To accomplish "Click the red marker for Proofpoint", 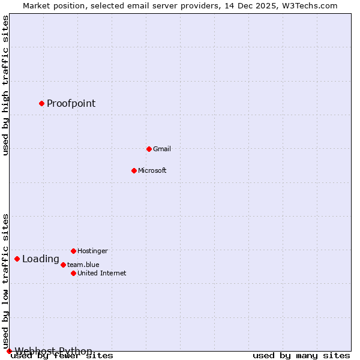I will (x=41, y=103).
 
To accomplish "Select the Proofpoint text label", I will (x=71, y=103).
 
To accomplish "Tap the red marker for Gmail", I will (x=149, y=149).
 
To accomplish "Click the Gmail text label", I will (x=162, y=149).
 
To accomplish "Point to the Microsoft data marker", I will (x=134, y=170).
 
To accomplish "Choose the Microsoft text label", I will (x=152, y=170).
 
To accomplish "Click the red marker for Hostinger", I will (x=73, y=251).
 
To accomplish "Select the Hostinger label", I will (x=92, y=251).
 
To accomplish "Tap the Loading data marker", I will (x=17, y=259).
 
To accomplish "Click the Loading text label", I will (x=40, y=259).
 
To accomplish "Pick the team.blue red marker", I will (x=63, y=265).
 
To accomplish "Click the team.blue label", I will (x=83, y=265).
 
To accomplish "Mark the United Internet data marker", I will (x=73, y=273).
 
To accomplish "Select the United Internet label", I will (x=101, y=273).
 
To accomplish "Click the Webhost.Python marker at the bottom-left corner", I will (x=9, y=351).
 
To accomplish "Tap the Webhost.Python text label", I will (x=53, y=351).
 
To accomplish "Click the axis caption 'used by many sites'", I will (x=301, y=356).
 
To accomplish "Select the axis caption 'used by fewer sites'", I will (x=62, y=356).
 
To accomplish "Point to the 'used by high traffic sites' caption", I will (x=6, y=85).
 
